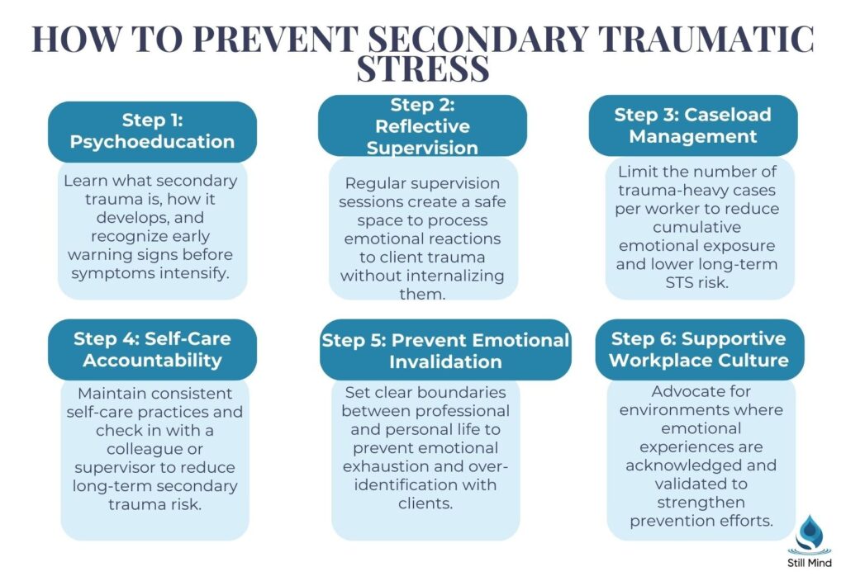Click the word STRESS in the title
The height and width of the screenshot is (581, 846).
click(422, 69)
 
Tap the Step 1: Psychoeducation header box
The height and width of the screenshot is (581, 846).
click(152, 131)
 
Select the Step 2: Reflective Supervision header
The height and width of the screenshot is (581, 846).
click(422, 126)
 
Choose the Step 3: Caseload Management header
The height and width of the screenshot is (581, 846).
click(692, 125)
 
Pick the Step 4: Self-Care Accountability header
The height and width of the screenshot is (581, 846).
click(152, 349)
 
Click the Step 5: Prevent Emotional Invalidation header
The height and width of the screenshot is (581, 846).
click(445, 351)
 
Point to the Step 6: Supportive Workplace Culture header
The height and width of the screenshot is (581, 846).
click(700, 349)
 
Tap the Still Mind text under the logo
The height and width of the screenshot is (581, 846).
click(809, 563)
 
